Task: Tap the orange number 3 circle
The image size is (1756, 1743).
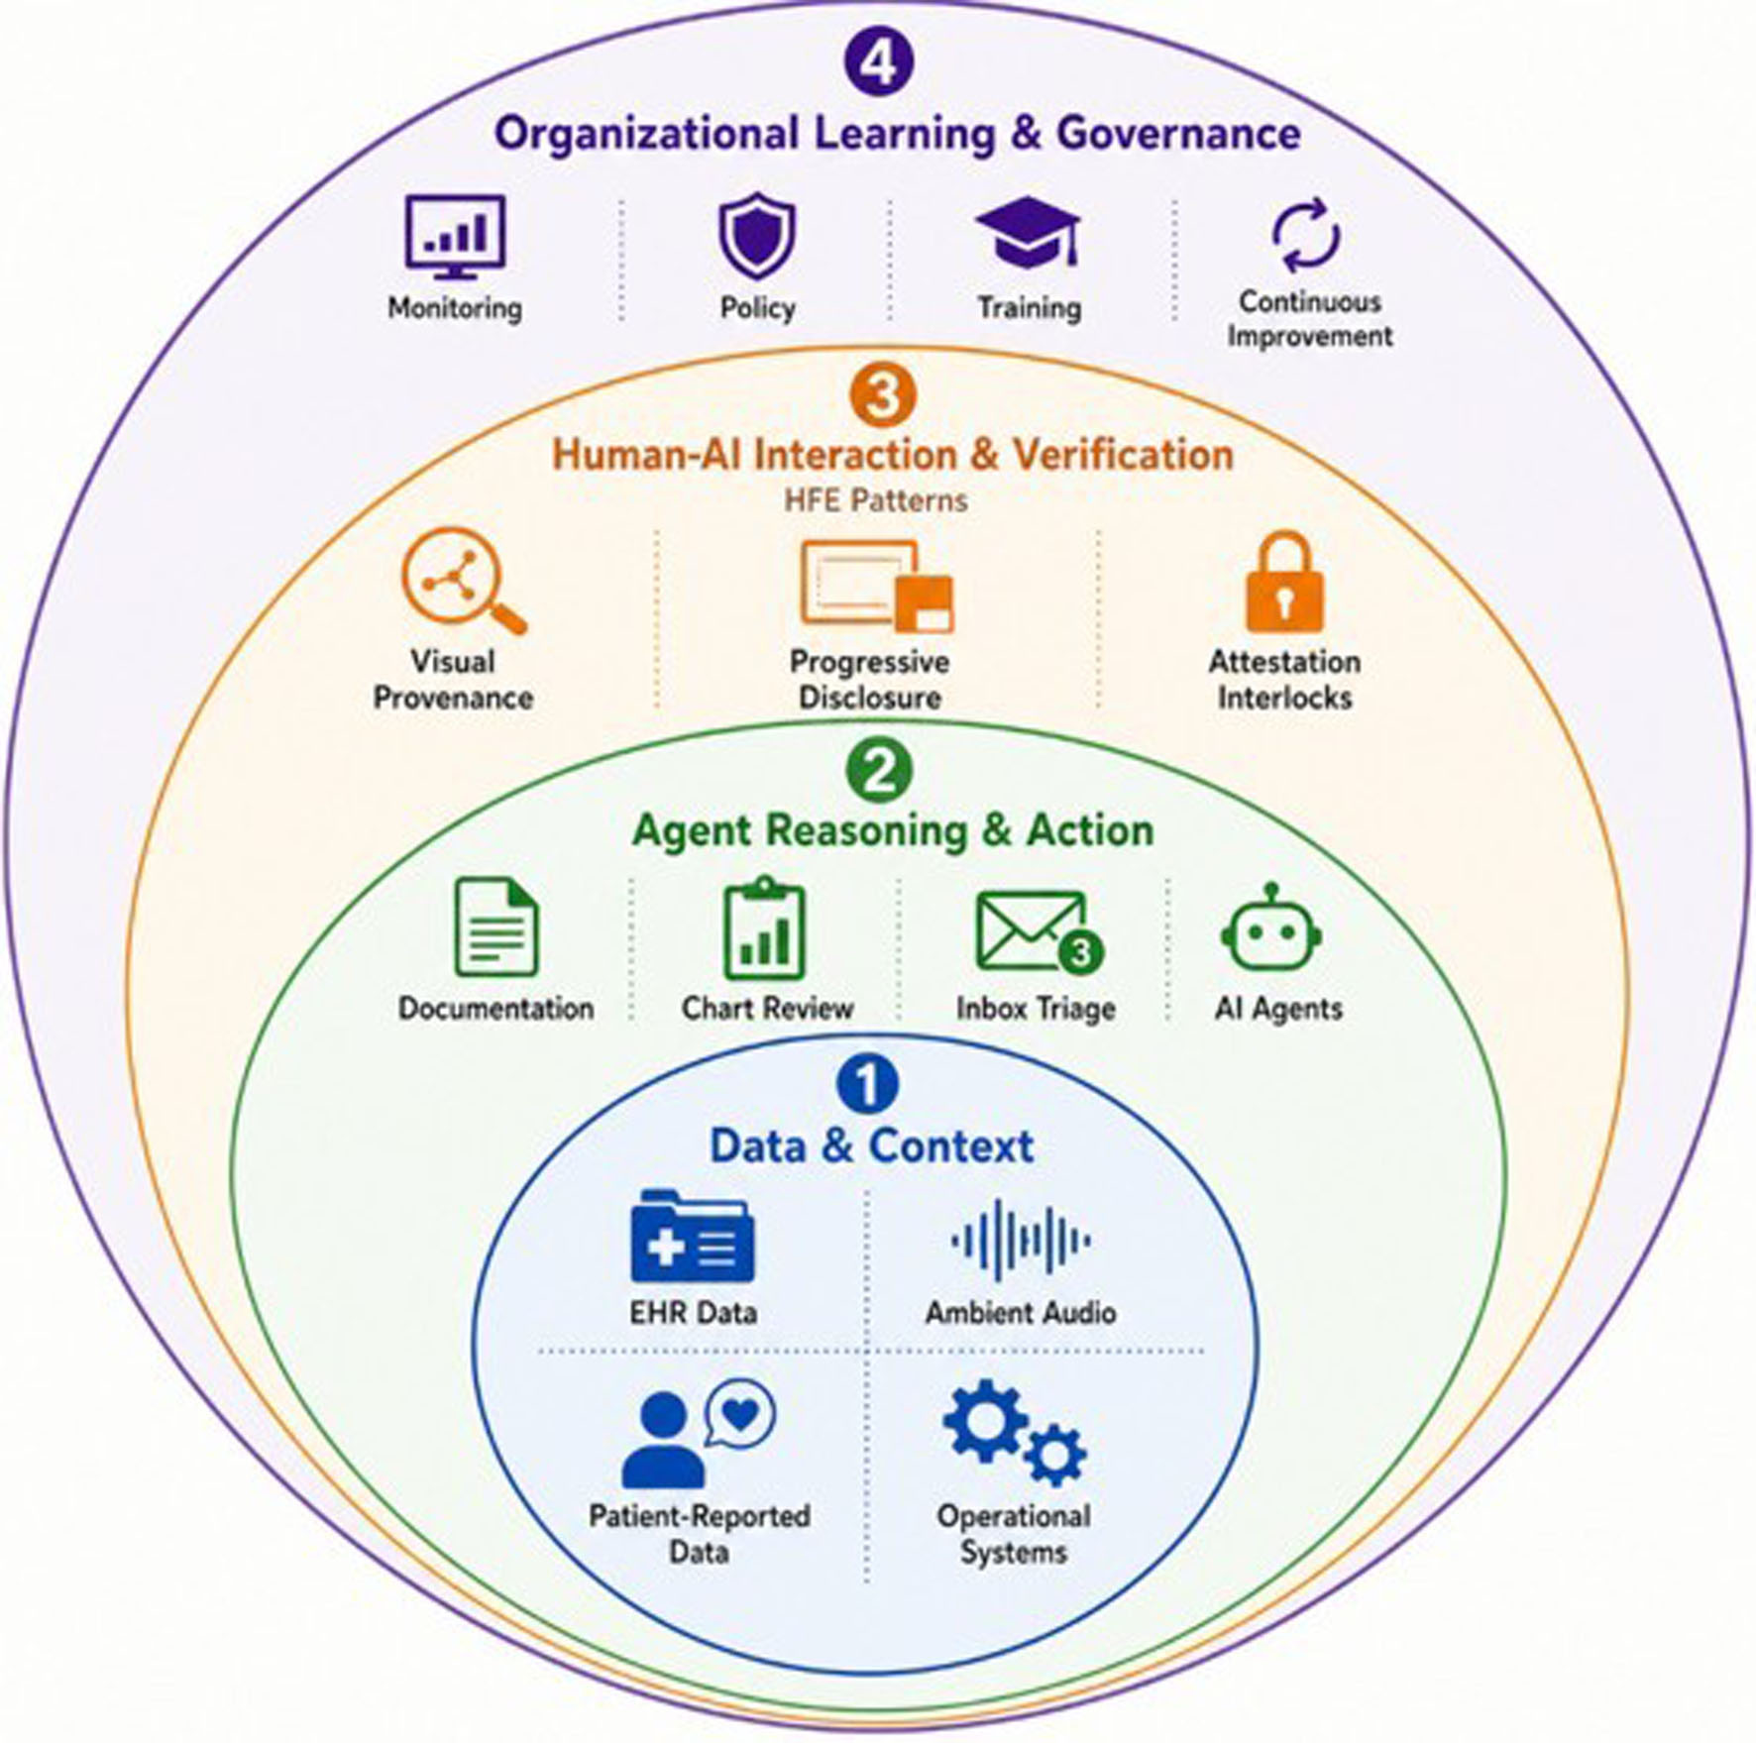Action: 882,395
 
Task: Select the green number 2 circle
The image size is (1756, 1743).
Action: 879,770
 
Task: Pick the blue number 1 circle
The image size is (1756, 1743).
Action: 867,1083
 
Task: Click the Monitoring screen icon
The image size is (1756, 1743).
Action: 455,237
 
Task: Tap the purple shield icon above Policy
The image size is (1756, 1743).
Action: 757,236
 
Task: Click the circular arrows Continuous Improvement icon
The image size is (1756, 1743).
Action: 1306,236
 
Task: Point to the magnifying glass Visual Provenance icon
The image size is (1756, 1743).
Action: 463,580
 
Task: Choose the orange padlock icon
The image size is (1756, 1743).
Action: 1284,583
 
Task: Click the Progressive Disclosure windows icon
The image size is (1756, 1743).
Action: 876,586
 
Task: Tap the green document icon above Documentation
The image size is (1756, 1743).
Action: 495,926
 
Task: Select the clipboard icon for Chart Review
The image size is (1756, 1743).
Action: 764,927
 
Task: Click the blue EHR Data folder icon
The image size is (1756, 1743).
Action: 692,1236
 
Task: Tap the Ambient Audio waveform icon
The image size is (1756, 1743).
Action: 1021,1240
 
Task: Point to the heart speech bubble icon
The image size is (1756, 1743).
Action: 739,1414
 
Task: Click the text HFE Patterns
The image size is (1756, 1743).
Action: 876,500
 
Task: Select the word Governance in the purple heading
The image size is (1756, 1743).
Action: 1178,134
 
